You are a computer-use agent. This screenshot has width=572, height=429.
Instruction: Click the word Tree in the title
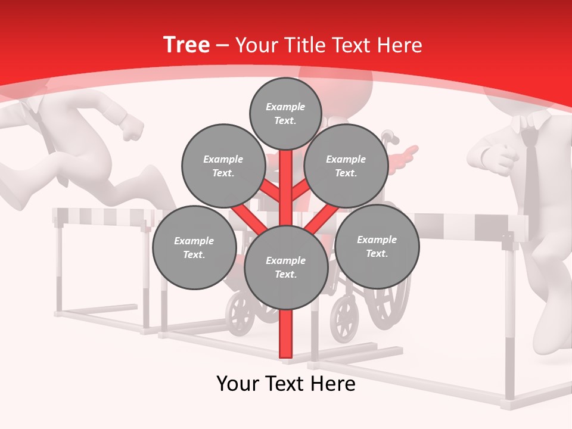[x=186, y=45]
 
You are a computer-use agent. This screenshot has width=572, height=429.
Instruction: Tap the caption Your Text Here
[x=285, y=384]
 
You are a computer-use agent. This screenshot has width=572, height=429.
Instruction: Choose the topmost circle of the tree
[x=285, y=113]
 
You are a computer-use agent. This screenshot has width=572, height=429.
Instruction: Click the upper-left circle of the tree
[x=223, y=166]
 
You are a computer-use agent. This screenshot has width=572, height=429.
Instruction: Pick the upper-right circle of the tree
[x=346, y=166]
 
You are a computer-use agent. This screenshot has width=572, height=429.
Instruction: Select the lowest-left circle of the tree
[x=194, y=247]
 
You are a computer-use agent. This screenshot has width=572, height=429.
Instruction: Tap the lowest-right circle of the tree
[x=377, y=246]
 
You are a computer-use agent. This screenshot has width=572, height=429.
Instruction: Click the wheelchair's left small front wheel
[x=241, y=313]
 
